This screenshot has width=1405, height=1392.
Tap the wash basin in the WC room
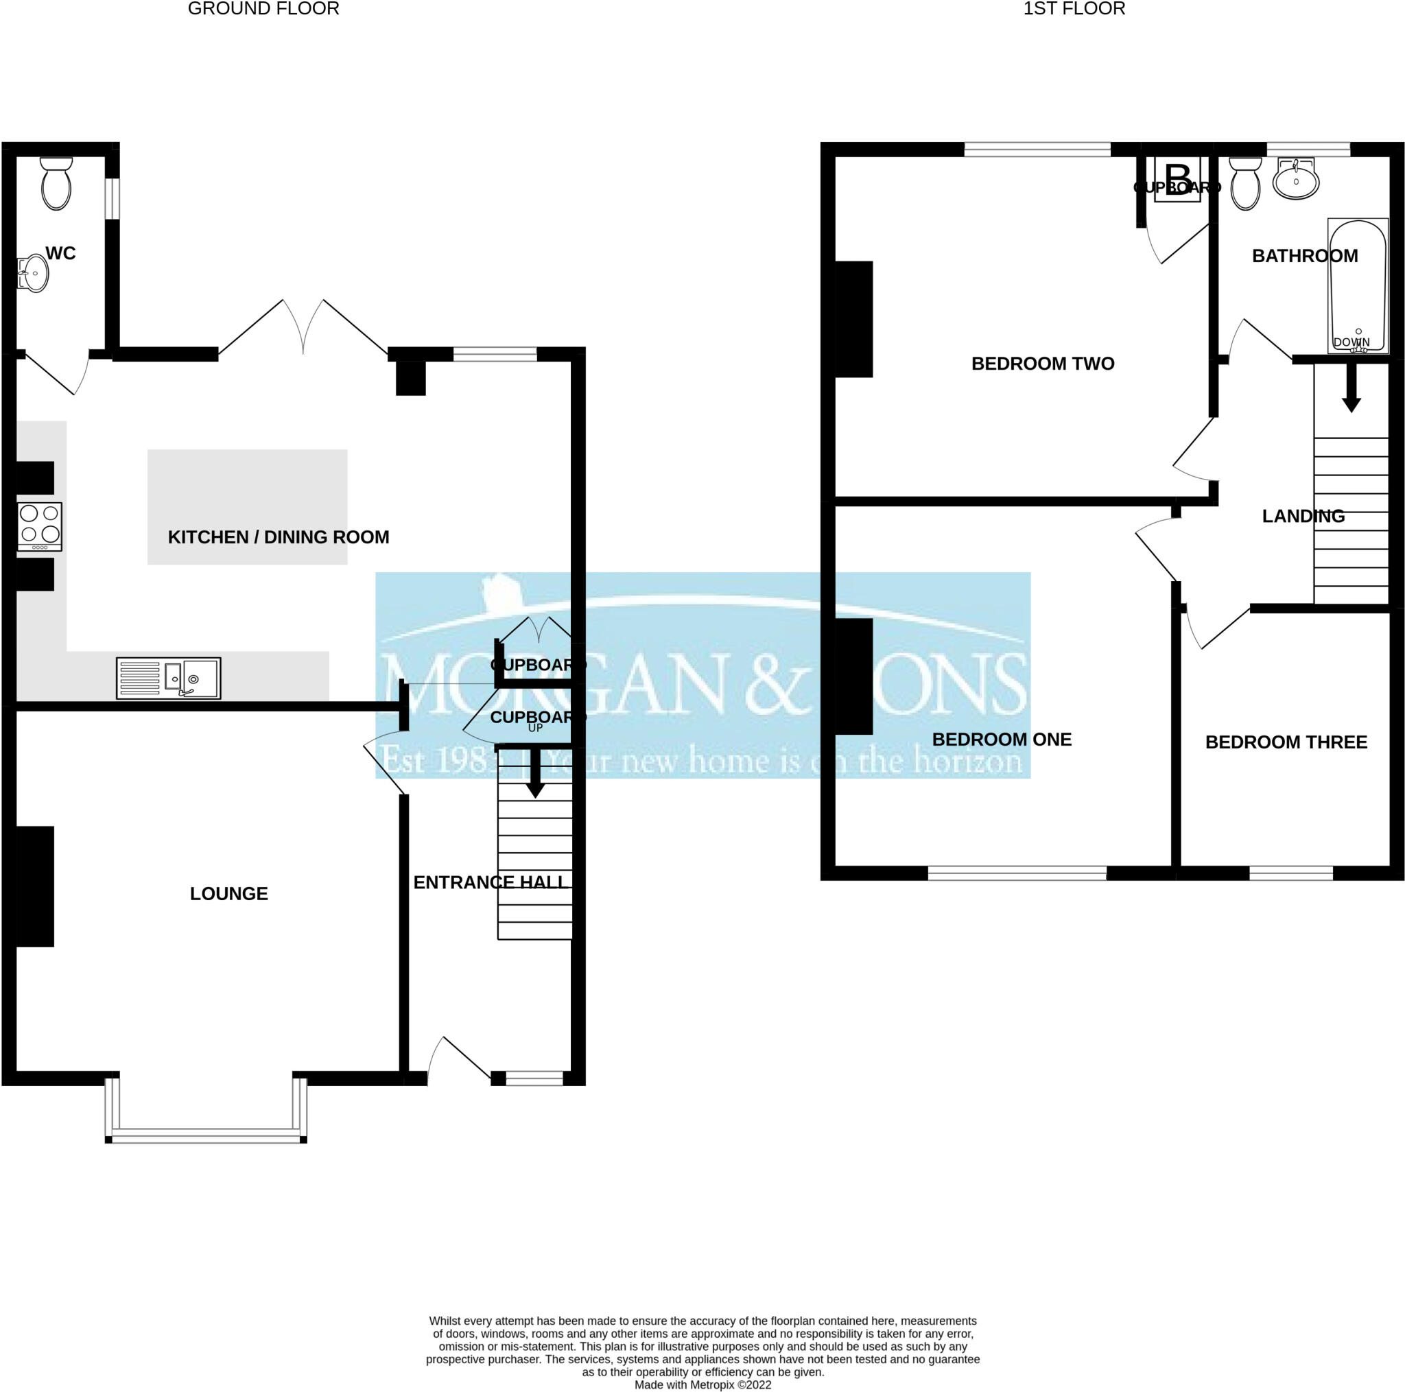(x=33, y=274)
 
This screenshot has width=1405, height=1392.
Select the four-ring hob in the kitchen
(x=40, y=526)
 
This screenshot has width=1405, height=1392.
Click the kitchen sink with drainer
(x=169, y=679)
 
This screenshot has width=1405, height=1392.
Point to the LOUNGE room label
(x=229, y=894)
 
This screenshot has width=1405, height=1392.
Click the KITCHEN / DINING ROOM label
(x=279, y=537)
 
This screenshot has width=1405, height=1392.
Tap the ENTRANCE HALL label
(x=489, y=882)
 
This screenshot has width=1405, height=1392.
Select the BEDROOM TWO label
(x=1043, y=364)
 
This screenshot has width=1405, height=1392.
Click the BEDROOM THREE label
(x=1286, y=742)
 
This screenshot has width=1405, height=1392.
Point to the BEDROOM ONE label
(x=1002, y=740)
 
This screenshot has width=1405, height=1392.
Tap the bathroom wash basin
(x=1296, y=179)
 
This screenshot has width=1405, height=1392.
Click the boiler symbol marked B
(x=1178, y=180)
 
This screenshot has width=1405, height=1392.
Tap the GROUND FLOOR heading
(x=263, y=9)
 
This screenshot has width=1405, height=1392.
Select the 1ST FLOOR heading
(x=1074, y=9)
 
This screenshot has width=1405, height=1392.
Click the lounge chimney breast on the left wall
(x=35, y=886)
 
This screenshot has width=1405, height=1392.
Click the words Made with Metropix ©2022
(x=702, y=1384)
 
